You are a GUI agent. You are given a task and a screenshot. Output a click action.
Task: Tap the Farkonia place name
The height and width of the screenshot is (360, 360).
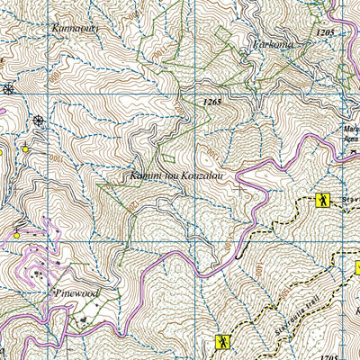pos(274,44)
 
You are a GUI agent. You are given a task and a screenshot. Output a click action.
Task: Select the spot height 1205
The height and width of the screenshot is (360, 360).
pos(325,32)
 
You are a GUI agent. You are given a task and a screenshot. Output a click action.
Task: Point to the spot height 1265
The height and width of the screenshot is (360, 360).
pos(211,103)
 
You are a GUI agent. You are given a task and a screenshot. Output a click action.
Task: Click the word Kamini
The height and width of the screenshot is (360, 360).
pos(146,175)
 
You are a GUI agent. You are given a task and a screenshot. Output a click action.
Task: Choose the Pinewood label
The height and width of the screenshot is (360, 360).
pos(76,293)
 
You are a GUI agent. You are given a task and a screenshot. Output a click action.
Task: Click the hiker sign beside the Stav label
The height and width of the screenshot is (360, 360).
pos(321,201)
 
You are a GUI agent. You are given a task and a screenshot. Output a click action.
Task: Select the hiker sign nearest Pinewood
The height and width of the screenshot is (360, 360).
pos(221,342)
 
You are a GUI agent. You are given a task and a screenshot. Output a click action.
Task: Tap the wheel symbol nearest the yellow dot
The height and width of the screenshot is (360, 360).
pos(39,121)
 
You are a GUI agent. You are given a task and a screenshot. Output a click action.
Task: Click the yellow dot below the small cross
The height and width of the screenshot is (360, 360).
pos(26,148)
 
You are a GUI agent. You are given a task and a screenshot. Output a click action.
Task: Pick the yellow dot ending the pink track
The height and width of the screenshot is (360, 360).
pos(16,236)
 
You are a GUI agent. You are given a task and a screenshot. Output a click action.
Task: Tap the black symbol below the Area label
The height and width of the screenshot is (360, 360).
pos(354,153)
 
